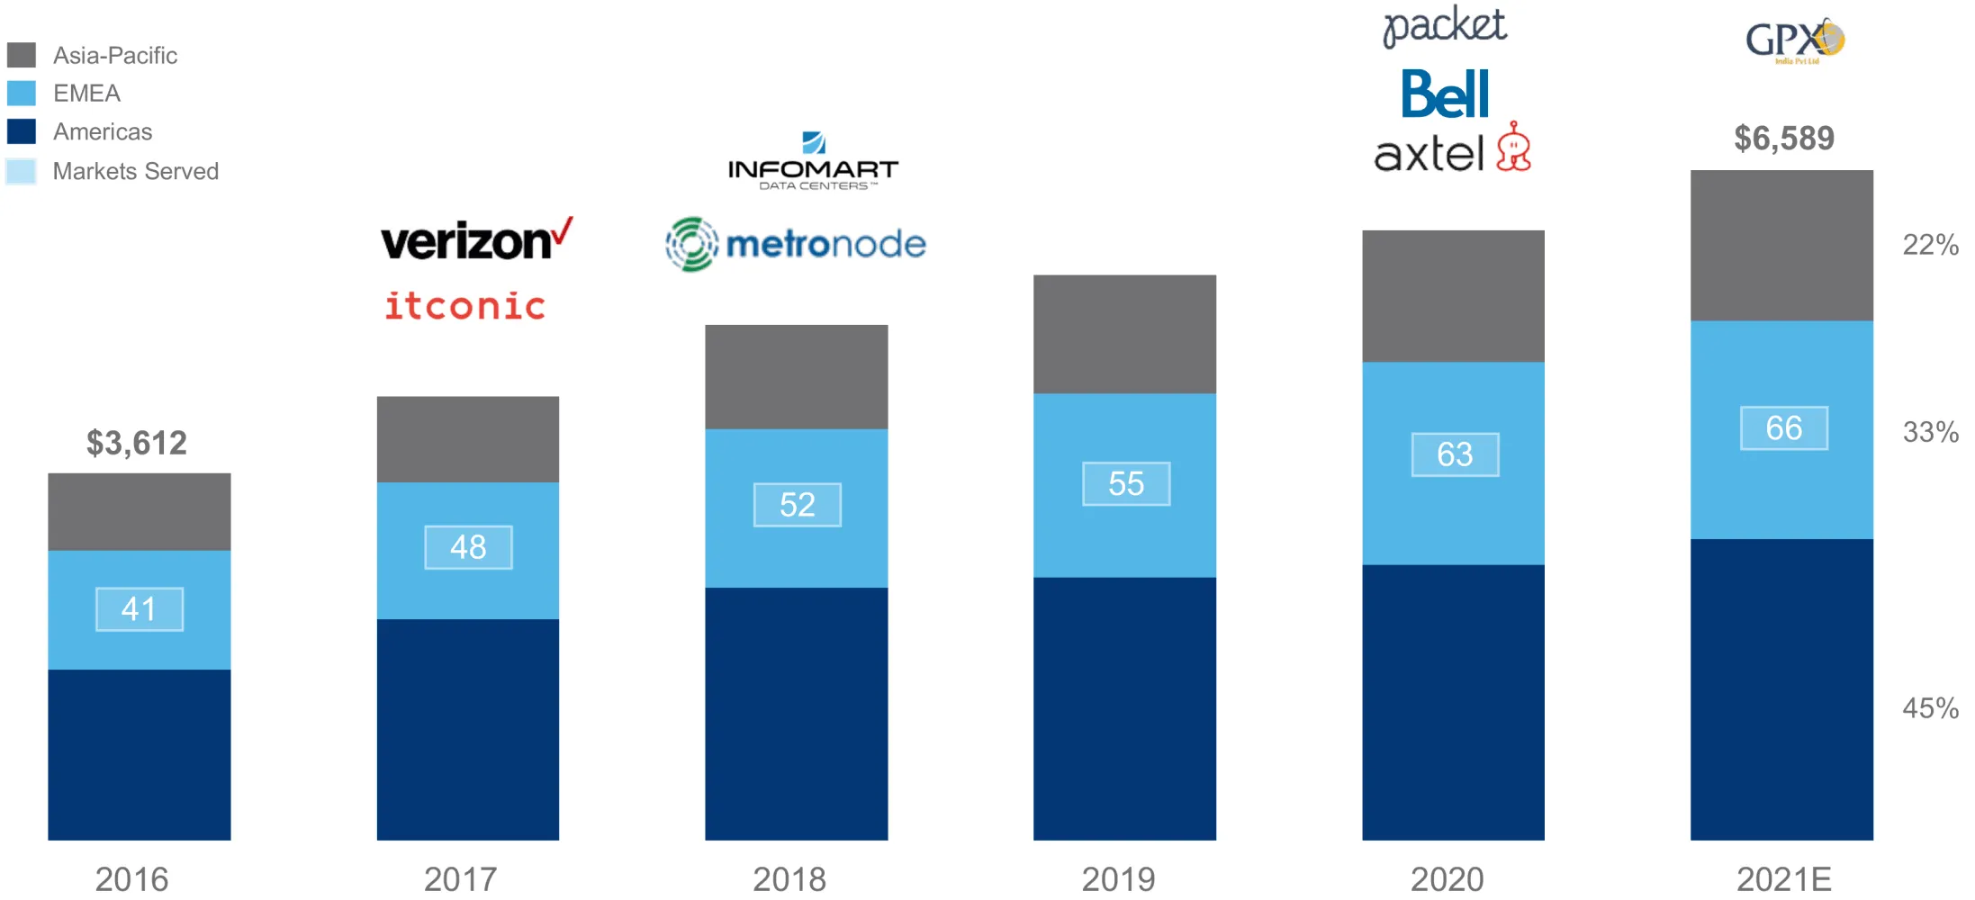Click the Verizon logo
(x=475, y=240)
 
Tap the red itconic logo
(x=464, y=306)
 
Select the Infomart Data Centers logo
(x=813, y=163)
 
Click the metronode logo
(x=796, y=244)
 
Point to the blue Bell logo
(x=1445, y=94)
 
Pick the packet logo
(x=1444, y=26)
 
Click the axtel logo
(x=1451, y=150)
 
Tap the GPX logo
(x=1794, y=40)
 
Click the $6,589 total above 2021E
(x=1783, y=139)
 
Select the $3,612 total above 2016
(x=137, y=443)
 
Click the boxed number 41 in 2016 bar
(x=140, y=609)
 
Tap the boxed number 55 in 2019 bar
(x=1126, y=484)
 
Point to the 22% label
(x=1930, y=245)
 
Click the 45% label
(x=1930, y=708)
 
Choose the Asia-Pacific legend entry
(x=114, y=56)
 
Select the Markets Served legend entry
(x=135, y=171)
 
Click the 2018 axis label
(x=789, y=879)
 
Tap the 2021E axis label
(x=1783, y=879)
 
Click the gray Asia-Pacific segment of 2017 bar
(x=468, y=439)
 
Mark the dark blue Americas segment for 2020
(x=1453, y=702)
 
